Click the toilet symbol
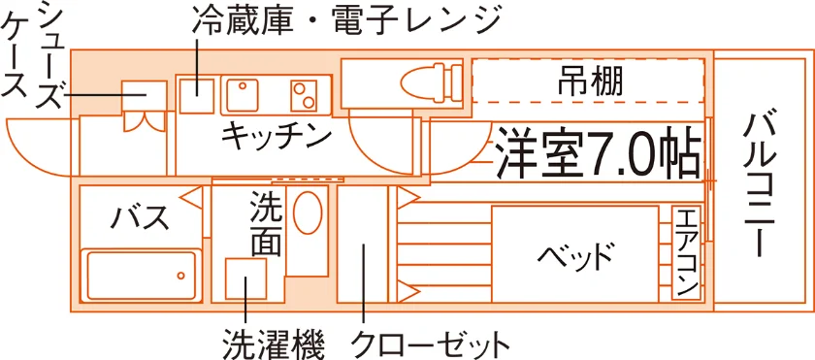[431, 82]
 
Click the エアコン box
[687, 253]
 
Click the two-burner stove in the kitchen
[304, 96]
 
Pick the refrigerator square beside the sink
[197, 96]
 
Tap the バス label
[141, 218]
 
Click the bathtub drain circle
[180, 276]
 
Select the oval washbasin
[308, 213]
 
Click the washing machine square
[245, 278]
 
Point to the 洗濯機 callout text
[275, 343]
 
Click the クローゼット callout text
[430, 344]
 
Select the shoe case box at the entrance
[145, 96]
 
